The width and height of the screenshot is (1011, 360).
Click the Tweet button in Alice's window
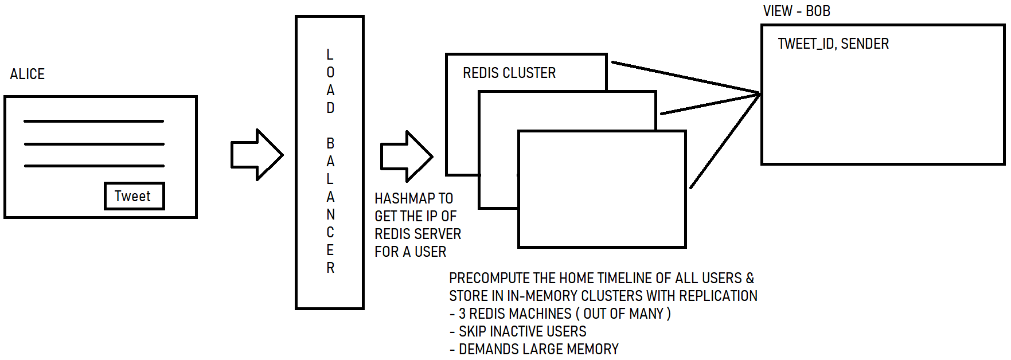134,196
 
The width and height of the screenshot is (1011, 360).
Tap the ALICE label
28,74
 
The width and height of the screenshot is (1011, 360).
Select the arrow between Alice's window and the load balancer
257,155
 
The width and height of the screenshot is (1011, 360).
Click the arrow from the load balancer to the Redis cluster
407,156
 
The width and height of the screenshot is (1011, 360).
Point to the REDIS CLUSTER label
509,73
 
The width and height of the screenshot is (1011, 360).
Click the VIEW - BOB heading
797,11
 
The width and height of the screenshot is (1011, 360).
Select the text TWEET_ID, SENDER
833,44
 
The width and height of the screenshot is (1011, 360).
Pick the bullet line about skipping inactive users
518,331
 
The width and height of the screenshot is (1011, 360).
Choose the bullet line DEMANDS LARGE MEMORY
534,349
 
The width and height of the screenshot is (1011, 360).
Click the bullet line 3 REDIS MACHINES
560,314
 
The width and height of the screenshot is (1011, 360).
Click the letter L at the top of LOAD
330,54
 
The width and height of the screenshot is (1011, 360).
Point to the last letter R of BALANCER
330,268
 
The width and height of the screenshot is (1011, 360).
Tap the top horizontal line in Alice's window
94,121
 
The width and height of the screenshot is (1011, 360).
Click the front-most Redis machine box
602,189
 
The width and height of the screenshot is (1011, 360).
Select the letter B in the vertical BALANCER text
330,143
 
